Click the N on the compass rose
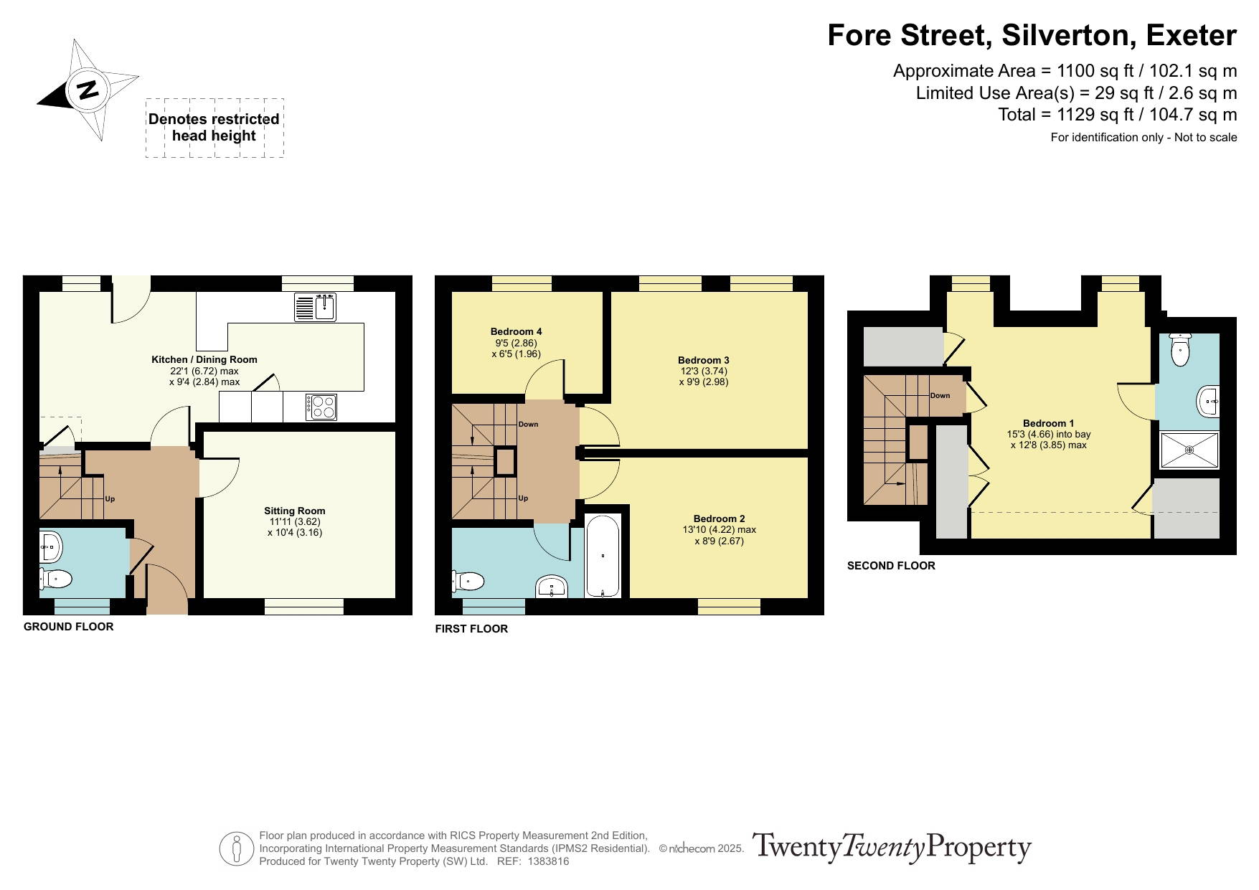click(x=88, y=90)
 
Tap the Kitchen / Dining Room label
click(x=204, y=359)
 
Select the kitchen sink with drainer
click(x=315, y=307)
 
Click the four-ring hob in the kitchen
click(x=321, y=407)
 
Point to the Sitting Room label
click(x=294, y=511)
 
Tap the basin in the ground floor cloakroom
click(x=51, y=547)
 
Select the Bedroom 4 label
click(x=516, y=331)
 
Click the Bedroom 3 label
click(x=703, y=360)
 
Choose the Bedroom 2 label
click(x=719, y=519)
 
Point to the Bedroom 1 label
click(x=1048, y=423)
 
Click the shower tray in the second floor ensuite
click(x=1189, y=450)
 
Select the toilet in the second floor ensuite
click(x=1179, y=349)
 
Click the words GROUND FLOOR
click(x=69, y=627)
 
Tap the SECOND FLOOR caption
click(x=891, y=566)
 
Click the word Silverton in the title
click(x=1069, y=35)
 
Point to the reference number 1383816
click(x=549, y=861)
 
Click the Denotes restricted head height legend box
click(x=214, y=128)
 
